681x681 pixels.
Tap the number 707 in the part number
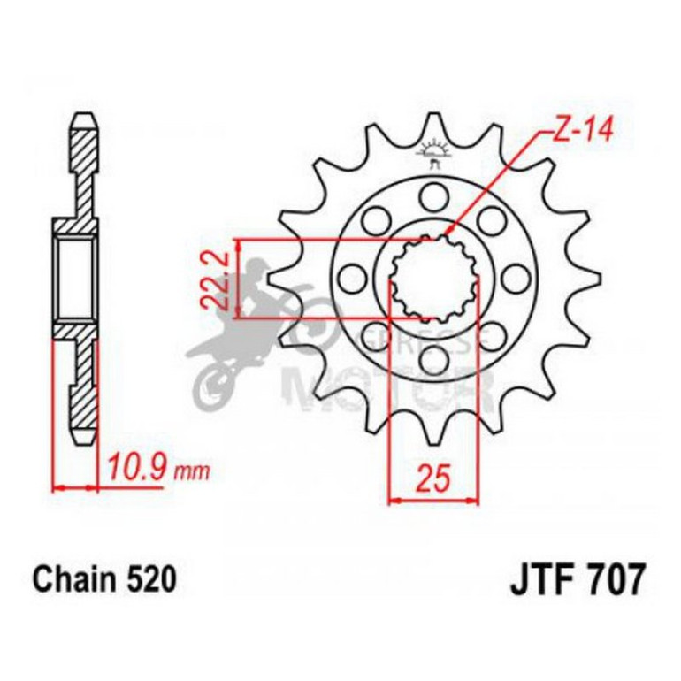tap(617, 579)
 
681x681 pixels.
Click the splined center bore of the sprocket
tap(433, 279)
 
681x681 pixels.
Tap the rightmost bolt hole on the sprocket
tap(511, 278)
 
